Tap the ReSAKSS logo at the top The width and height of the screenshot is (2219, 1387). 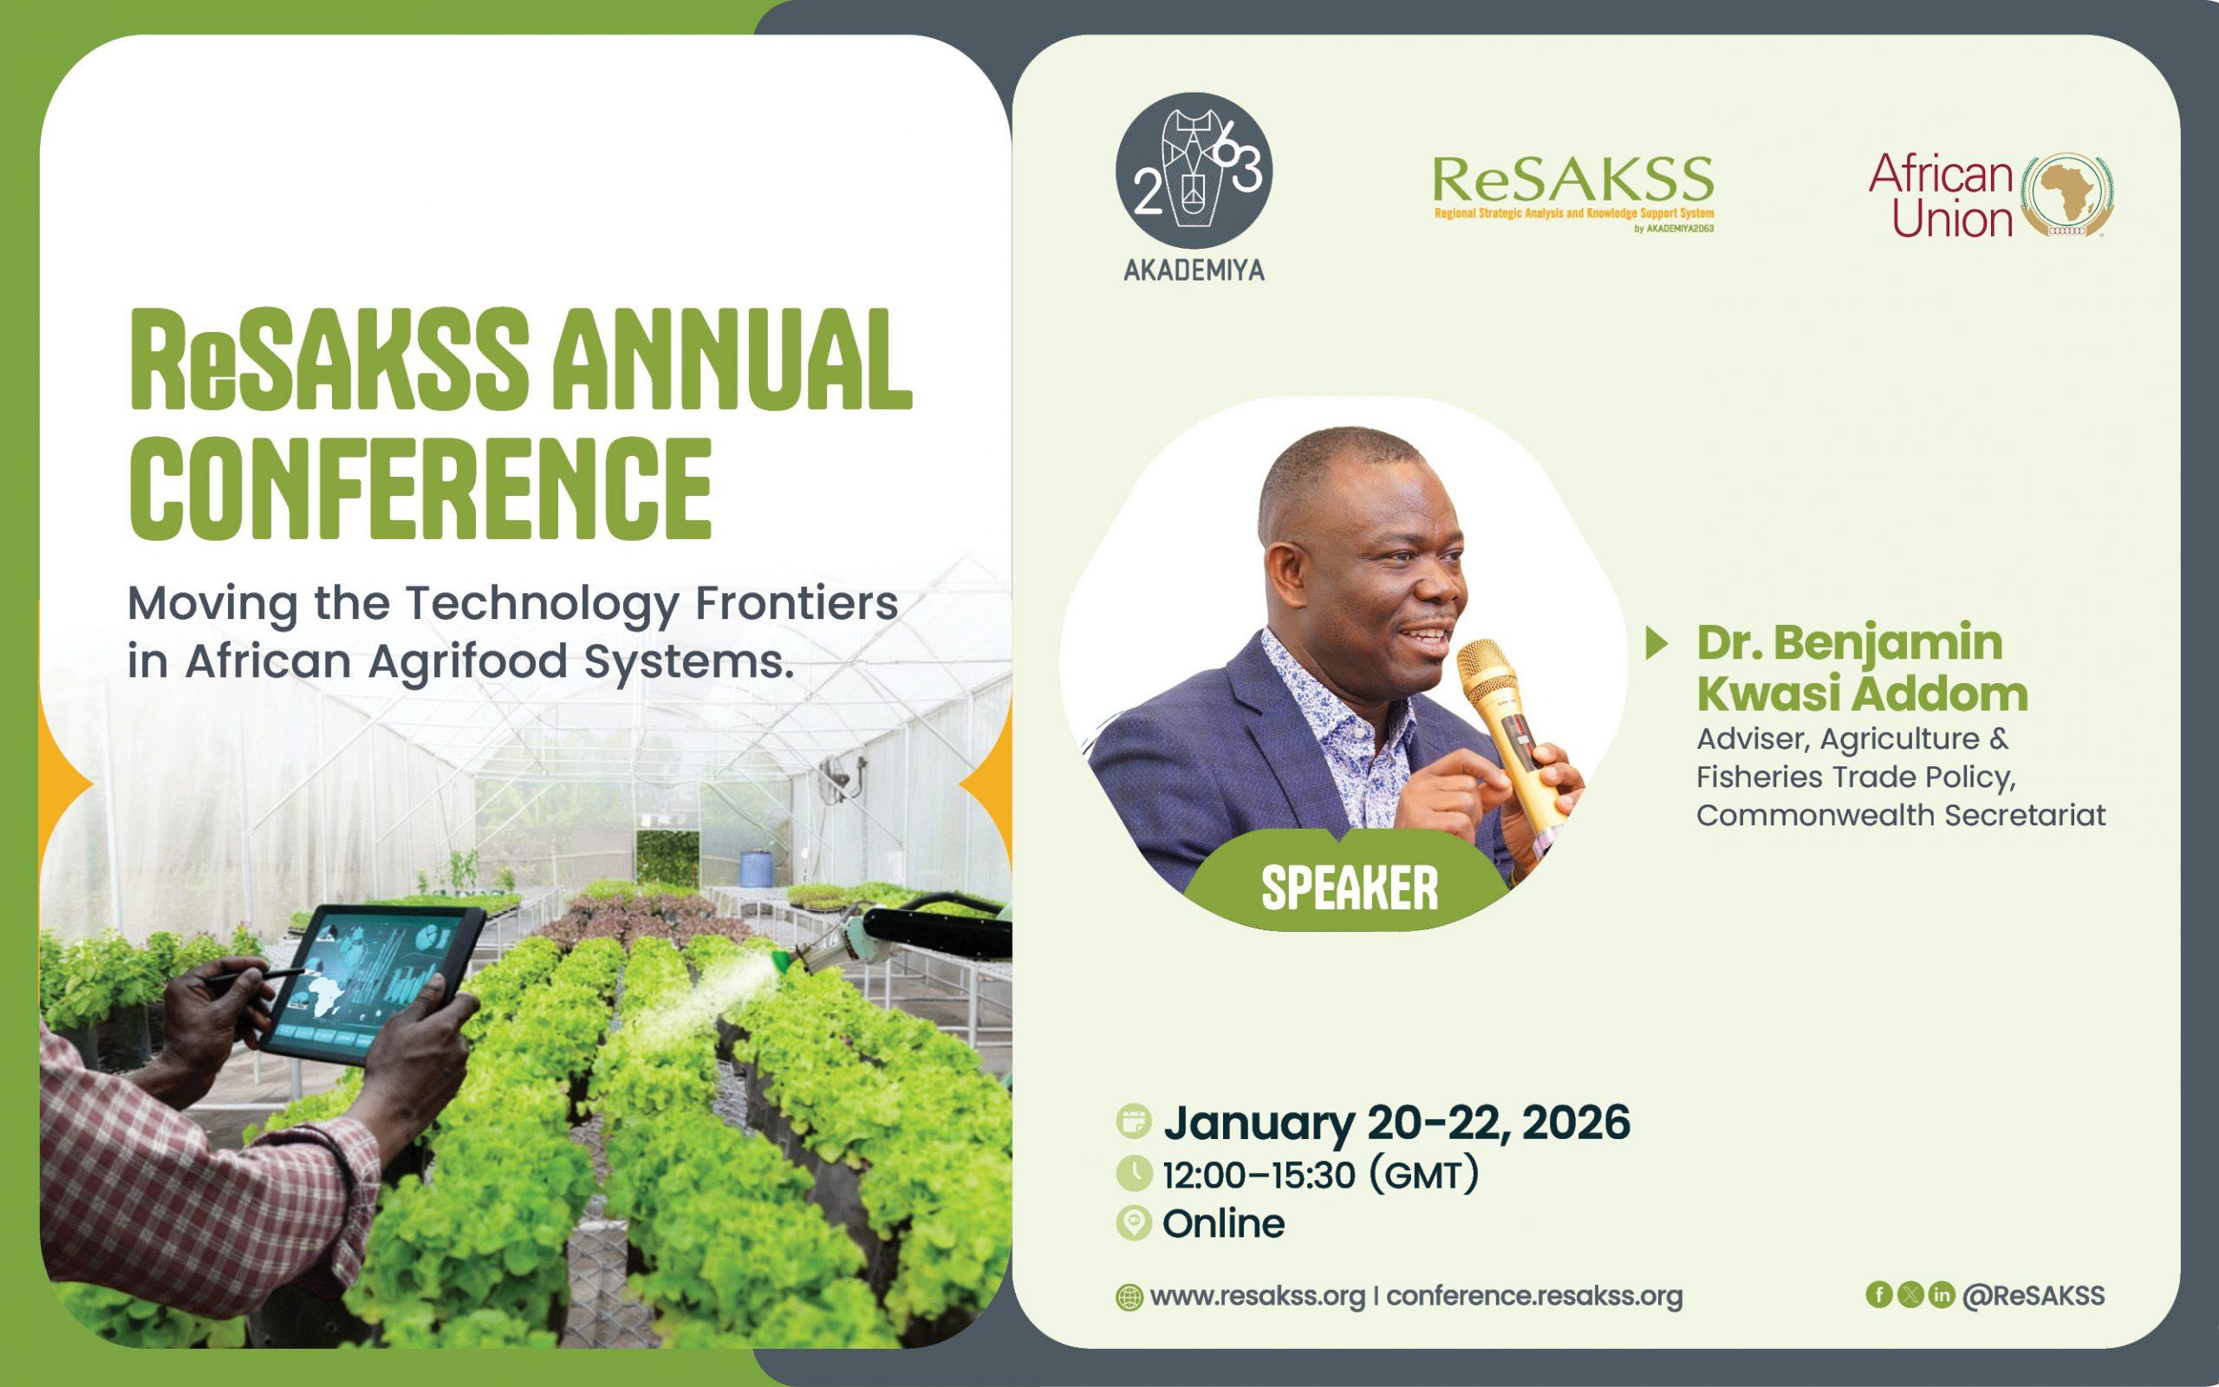[1572, 193]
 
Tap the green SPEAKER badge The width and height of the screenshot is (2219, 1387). [1350, 887]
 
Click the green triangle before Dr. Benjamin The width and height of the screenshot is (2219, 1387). [1656, 643]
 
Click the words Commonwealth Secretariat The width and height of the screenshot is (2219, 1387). [1901, 815]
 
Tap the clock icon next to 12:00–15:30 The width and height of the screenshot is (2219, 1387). [1135, 1173]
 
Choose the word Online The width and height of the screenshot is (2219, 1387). [1223, 1224]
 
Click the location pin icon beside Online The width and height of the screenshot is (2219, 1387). [1135, 1224]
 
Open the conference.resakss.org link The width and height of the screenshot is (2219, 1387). [1534, 1296]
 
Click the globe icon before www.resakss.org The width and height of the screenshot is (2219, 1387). [1129, 1298]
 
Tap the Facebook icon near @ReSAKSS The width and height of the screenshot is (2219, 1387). [1879, 1294]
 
